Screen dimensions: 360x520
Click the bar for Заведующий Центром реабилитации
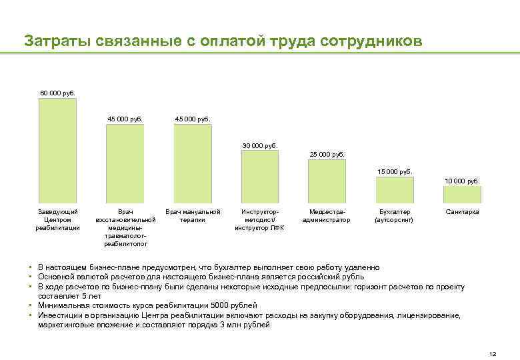point(57,151)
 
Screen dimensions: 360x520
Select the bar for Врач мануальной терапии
point(193,164)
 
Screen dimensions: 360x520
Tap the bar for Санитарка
point(463,194)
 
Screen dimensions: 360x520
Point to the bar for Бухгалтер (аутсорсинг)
point(395,189)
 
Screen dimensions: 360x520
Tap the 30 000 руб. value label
point(260,145)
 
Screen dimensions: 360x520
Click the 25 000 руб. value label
point(327,154)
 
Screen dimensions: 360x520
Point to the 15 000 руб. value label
point(395,171)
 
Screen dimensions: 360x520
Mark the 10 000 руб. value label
point(463,181)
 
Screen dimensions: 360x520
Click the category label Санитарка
point(463,212)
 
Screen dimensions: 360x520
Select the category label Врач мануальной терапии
point(193,216)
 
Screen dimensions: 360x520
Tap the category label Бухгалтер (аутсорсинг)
point(395,216)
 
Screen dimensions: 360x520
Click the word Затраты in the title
point(52,41)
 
